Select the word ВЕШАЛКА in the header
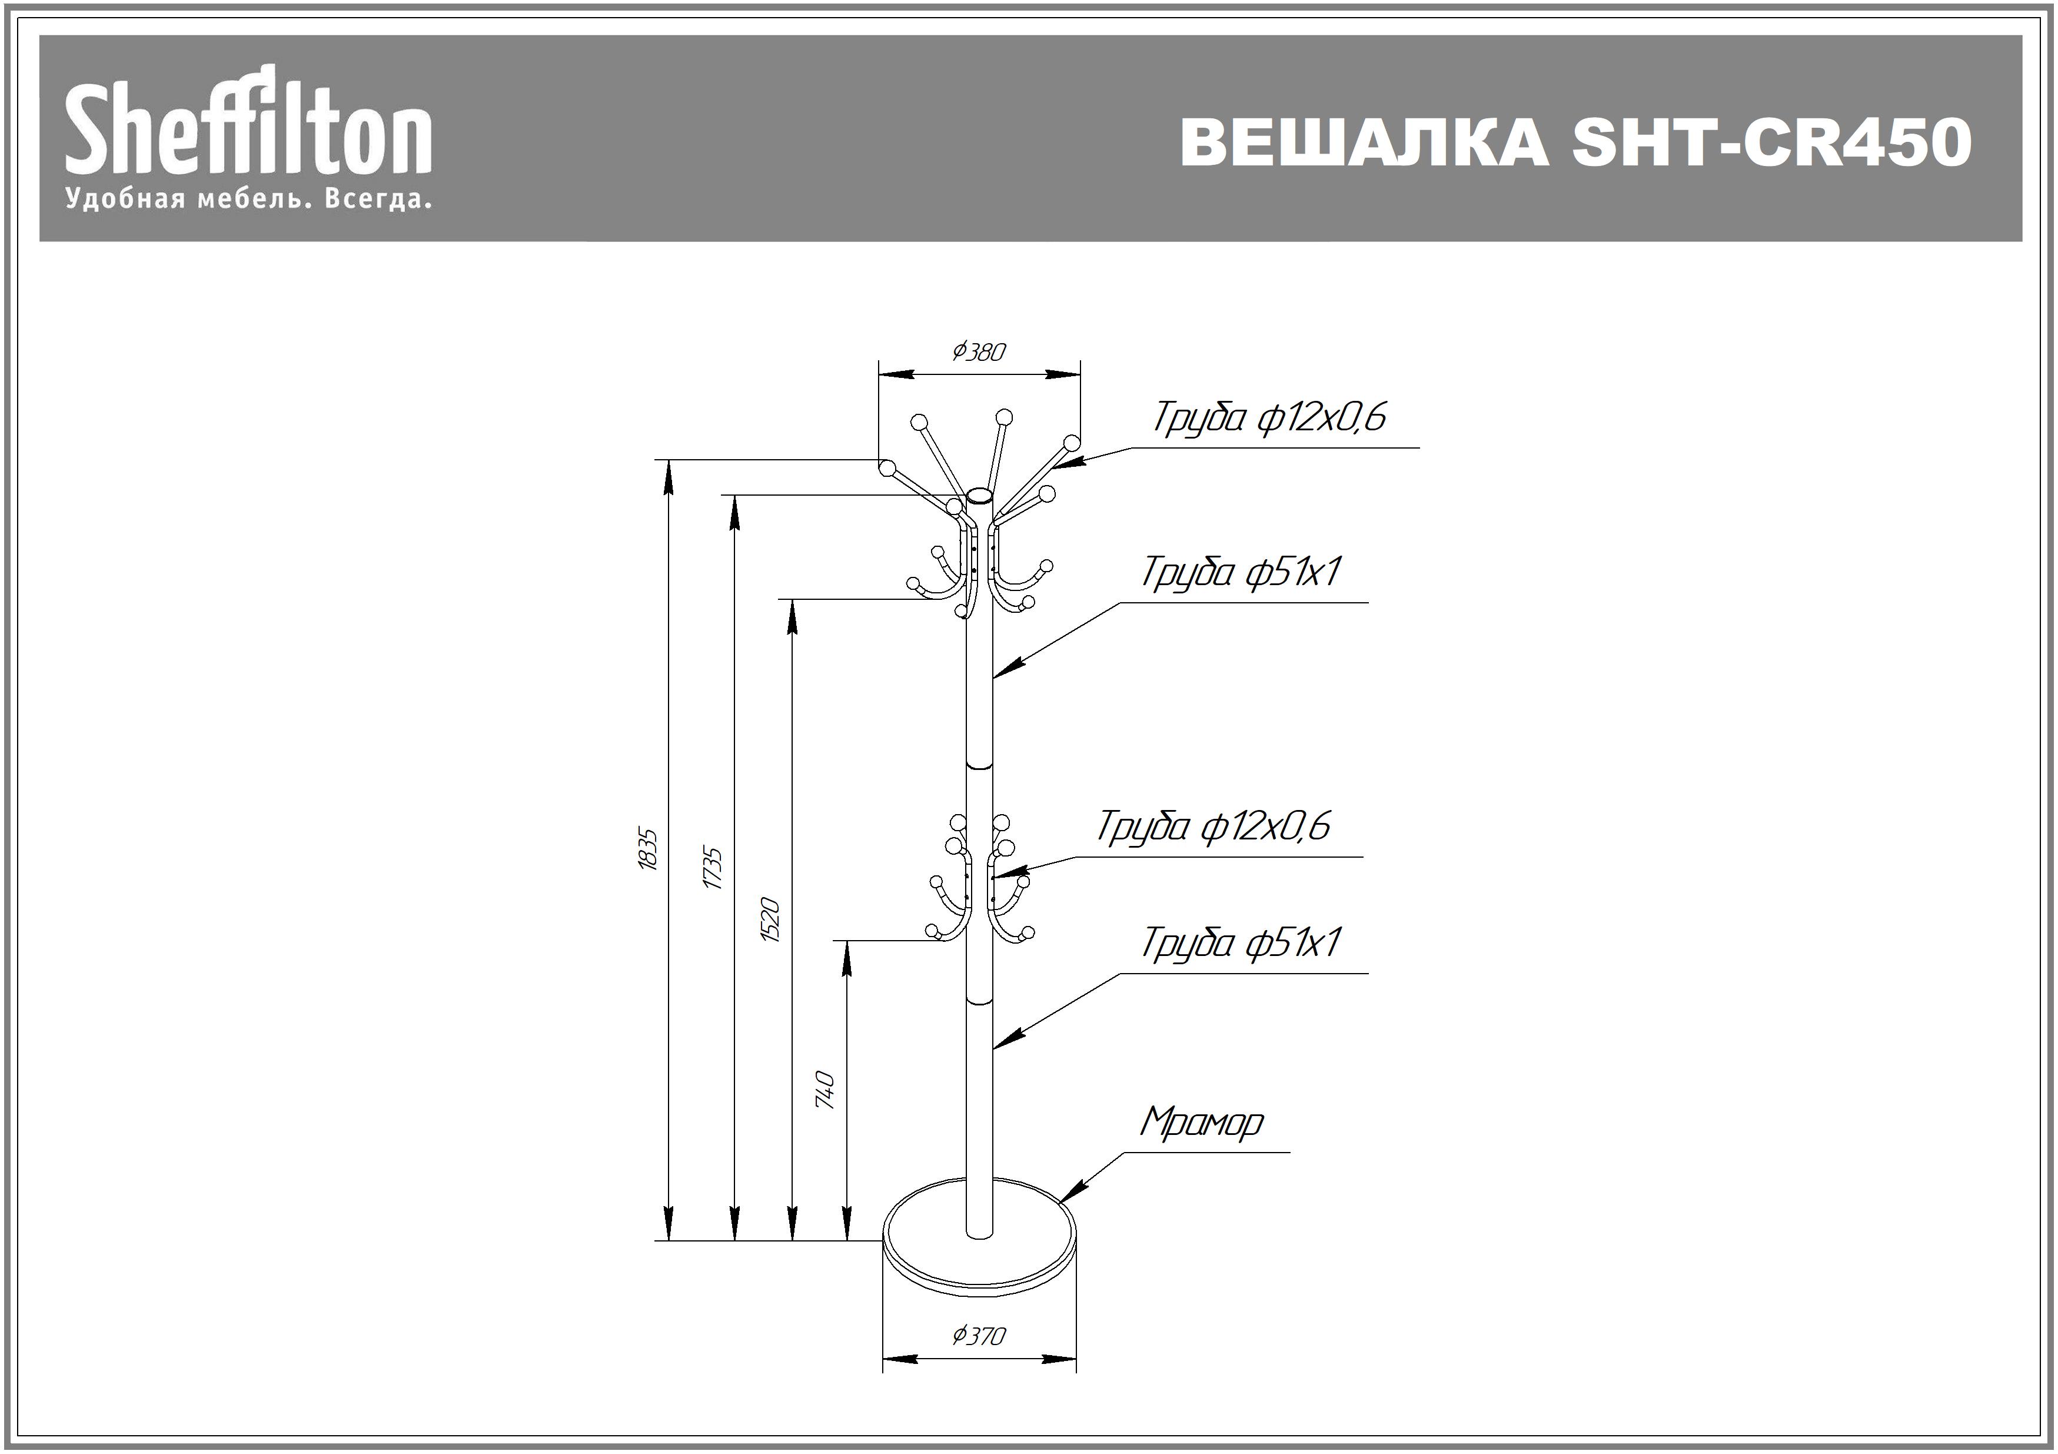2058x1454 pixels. point(1364,142)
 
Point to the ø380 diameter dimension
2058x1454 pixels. point(979,351)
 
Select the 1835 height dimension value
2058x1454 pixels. point(648,849)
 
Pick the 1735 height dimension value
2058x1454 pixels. point(713,867)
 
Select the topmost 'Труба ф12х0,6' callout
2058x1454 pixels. point(1269,417)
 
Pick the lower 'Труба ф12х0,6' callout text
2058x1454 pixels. point(1213,826)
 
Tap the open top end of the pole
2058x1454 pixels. point(980,496)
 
